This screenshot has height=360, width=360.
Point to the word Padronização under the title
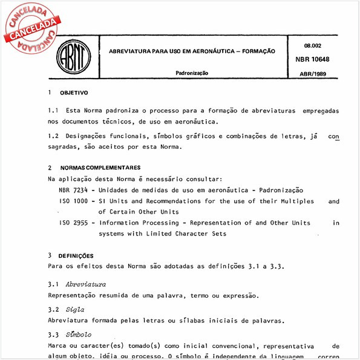click(x=192, y=73)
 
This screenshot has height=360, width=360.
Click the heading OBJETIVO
click(x=74, y=93)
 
